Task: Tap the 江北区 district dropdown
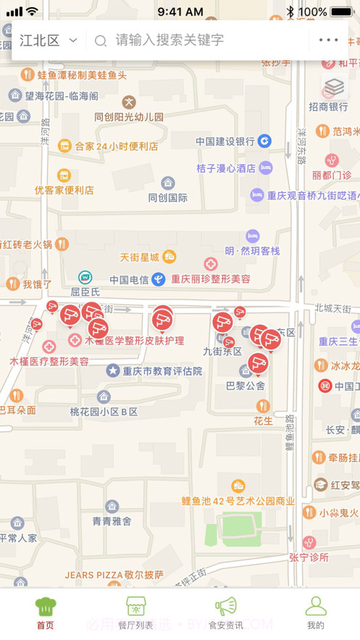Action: (48, 41)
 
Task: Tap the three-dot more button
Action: (328, 41)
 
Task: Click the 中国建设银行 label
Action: (225, 141)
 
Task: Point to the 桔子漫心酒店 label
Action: (226, 168)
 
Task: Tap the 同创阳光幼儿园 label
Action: (129, 117)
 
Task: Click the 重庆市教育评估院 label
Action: (162, 371)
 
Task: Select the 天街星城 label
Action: (139, 257)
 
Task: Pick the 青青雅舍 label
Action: (112, 520)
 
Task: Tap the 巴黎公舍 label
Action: (246, 386)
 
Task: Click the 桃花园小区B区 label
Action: (104, 412)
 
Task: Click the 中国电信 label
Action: (129, 279)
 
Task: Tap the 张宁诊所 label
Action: (309, 557)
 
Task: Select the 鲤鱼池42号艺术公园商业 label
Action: (238, 500)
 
